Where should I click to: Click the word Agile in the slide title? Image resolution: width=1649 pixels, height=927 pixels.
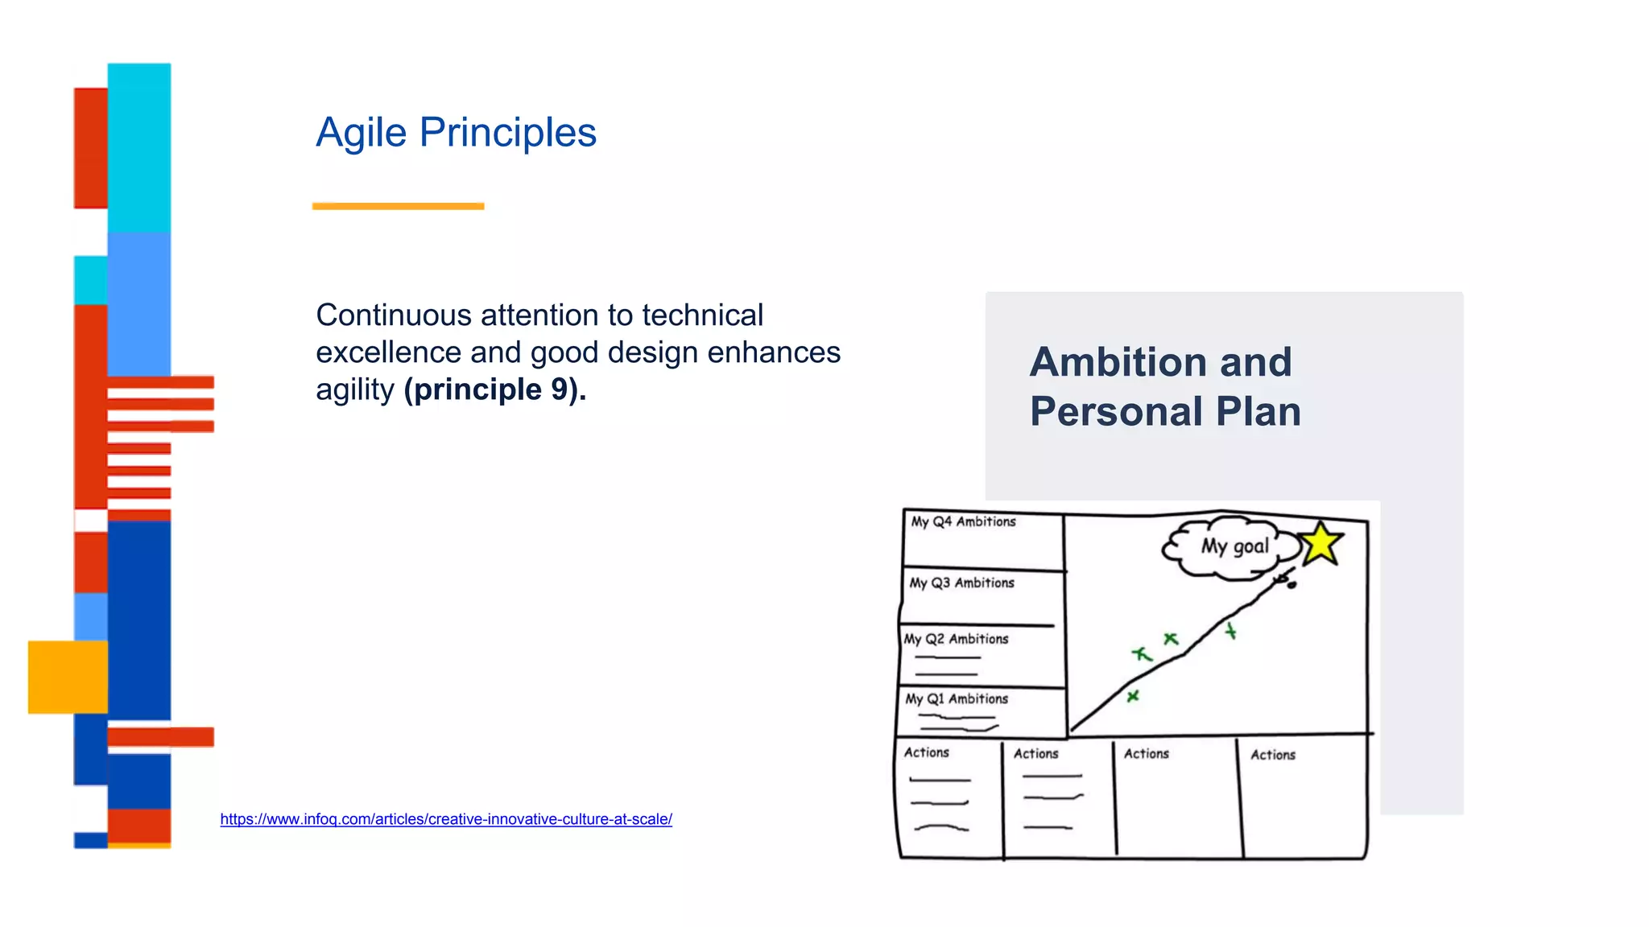[x=361, y=133]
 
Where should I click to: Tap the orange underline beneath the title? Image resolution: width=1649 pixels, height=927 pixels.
[x=398, y=206]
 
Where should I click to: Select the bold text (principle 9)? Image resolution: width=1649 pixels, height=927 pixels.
[x=494, y=389]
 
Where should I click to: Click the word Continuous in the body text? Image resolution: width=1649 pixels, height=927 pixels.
[x=393, y=315]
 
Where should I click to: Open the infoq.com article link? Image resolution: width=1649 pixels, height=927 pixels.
[x=445, y=819]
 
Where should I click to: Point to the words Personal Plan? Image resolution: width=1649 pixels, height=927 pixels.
[x=1164, y=412]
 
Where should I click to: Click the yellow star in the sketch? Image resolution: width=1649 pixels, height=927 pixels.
[x=1320, y=544]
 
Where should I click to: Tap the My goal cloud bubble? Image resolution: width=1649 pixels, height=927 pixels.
[x=1234, y=547]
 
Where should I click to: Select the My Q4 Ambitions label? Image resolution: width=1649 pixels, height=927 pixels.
[x=963, y=521]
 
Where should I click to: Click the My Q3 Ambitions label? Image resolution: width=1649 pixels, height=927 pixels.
[x=961, y=583]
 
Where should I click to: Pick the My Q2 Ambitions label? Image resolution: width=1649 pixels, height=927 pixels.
[x=956, y=639]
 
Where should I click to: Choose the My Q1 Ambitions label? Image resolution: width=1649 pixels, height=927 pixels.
[x=957, y=699]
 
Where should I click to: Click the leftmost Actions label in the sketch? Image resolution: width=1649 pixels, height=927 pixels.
[x=926, y=752]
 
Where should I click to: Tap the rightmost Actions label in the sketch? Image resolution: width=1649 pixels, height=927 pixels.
[x=1272, y=755]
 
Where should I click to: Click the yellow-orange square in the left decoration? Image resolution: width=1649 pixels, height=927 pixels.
[x=68, y=677]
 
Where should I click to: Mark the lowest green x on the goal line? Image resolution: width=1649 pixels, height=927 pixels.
[x=1133, y=696]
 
